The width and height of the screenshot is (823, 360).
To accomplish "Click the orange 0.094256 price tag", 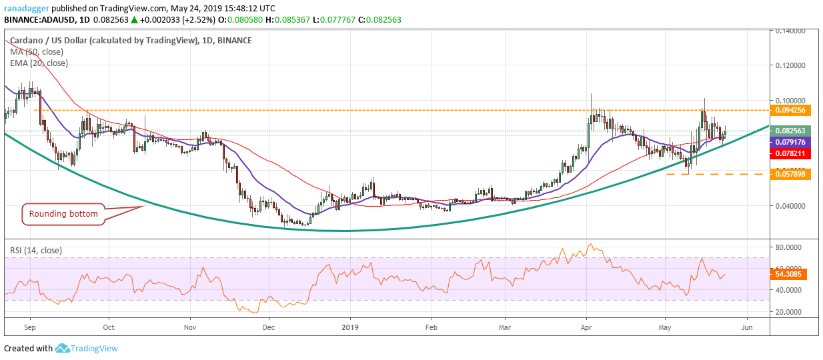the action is click(x=790, y=110).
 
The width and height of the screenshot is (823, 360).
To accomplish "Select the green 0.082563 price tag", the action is click(x=790, y=131).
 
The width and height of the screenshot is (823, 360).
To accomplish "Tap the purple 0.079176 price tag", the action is click(x=790, y=142).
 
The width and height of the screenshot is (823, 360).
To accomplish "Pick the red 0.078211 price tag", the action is click(x=790, y=153).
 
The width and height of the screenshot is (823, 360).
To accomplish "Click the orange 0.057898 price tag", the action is click(x=790, y=174).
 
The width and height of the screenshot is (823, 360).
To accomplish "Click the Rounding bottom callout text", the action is click(x=63, y=214).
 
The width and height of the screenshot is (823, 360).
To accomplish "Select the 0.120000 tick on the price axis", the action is click(x=790, y=65).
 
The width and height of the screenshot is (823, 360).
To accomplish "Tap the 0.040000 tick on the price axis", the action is click(x=790, y=206).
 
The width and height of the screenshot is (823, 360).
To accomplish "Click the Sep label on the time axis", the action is click(x=30, y=327).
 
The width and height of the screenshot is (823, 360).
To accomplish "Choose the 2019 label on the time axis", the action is click(x=350, y=327).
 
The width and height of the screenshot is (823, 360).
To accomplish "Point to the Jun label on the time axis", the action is click(x=747, y=327).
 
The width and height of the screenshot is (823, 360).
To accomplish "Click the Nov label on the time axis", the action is click(x=190, y=327).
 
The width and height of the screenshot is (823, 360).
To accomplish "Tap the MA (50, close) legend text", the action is click(x=37, y=52).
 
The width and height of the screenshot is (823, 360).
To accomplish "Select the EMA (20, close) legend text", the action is click(x=39, y=63).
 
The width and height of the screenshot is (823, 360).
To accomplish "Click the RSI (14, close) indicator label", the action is click(x=36, y=251).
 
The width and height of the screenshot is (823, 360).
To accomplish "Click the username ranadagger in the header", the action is click(x=27, y=8).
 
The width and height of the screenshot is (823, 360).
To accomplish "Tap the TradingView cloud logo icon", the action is click(x=62, y=348).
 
